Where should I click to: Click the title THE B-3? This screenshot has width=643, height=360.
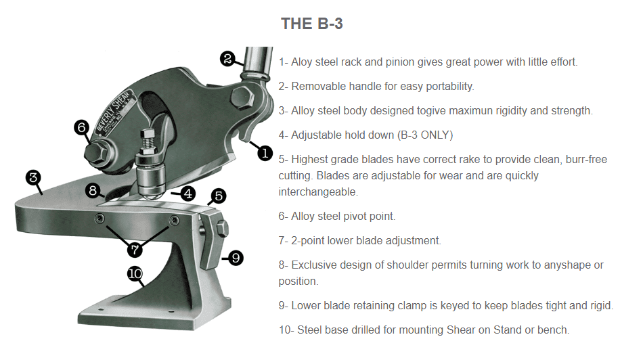click(x=311, y=24)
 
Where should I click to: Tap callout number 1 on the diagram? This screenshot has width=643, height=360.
click(x=265, y=154)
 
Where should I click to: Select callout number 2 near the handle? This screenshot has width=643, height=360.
click(x=227, y=59)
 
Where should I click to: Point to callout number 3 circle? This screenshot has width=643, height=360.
click(x=33, y=177)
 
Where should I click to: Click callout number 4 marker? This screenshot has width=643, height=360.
click(x=187, y=194)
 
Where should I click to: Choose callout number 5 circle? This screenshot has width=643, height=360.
click(x=219, y=196)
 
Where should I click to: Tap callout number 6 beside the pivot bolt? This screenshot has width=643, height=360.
click(x=82, y=127)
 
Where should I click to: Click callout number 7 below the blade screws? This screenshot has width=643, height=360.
click(x=135, y=249)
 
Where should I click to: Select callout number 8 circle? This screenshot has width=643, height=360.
click(x=93, y=190)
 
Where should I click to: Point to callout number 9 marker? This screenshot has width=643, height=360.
click(x=236, y=258)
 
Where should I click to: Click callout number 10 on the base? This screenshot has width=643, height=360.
click(x=135, y=273)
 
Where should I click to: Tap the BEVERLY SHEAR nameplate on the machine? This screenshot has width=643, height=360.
click(x=114, y=111)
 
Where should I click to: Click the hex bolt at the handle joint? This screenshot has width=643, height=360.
click(x=242, y=98)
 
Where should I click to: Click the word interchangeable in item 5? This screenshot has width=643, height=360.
click(x=318, y=192)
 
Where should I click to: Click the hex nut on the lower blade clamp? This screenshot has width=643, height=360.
click(x=222, y=228)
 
